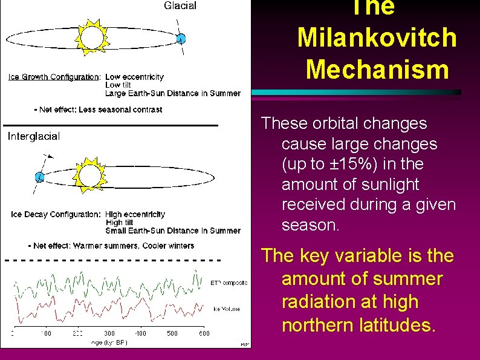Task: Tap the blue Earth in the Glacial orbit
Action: (x=180, y=39)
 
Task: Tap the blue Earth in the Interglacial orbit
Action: (x=39, y=177)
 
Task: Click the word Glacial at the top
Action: (x=180, y=6)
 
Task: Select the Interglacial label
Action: (x=34, y=137)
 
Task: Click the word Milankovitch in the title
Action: (x=377, y=38)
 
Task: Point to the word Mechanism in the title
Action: (x=377, y=69)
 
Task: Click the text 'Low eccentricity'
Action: (x=134, y=77)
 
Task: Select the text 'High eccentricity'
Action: (x=135, y=214)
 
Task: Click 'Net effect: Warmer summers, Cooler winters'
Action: (x=111, y=246)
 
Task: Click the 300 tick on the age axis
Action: (x=109, y=333)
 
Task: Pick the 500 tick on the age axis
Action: (x=172, y=333)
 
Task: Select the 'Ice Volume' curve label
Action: (x=227, y=309)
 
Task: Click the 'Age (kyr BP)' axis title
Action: (x=109, y=342)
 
